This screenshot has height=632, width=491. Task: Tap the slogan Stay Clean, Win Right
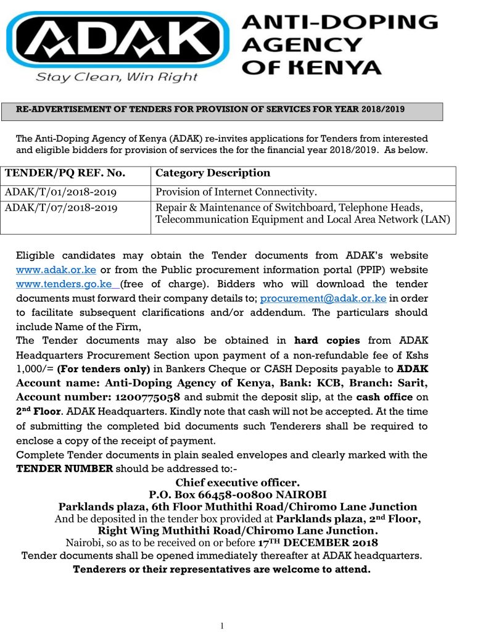click(117, 77)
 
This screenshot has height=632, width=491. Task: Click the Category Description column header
click(213, 173)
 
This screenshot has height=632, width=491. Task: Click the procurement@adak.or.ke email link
click(323, 299)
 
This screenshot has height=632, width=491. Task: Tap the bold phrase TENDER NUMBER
click(64, 468)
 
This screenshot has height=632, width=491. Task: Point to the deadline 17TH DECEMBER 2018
click(318, 543)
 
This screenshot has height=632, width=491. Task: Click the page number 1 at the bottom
click(221, 626)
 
